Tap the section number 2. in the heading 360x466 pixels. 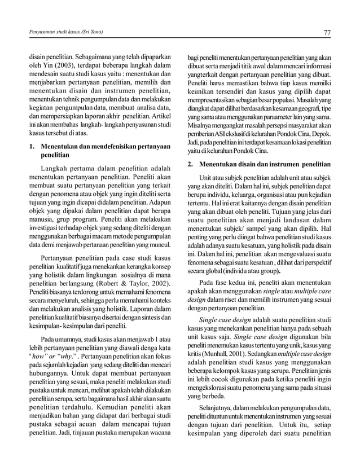[191, 164]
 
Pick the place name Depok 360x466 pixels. [321, 133]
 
